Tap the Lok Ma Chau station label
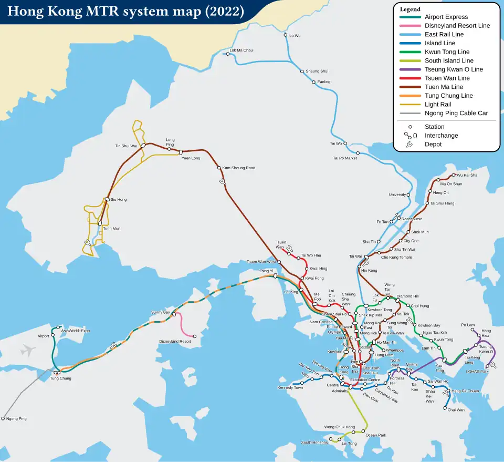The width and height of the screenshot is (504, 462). pos(241,50)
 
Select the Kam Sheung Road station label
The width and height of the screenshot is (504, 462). pos(239,168)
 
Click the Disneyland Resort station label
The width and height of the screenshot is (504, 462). pos(175,342)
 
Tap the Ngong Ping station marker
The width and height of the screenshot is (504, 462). pos(3,419)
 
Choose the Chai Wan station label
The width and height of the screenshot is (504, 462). pos(456,410)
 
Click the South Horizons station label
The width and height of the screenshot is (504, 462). pos(314,443)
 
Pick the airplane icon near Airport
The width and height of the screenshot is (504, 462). pos(28,350)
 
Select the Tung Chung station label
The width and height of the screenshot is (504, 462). pos(60,378)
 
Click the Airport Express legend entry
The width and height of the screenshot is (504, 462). pos(446,17)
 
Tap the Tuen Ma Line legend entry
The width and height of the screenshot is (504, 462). pos(444,87)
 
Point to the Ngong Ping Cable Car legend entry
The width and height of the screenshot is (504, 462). pos(456,113)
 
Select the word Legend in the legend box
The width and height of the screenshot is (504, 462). pos(410,9)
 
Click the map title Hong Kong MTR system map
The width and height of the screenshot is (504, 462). pos(126,12)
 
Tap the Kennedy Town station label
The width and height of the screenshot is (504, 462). pos(290,388)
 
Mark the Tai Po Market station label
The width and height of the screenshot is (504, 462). pos(345,158)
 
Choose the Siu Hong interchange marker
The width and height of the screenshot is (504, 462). pos(107,200)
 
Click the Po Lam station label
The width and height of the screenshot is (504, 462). pos(468,325)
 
